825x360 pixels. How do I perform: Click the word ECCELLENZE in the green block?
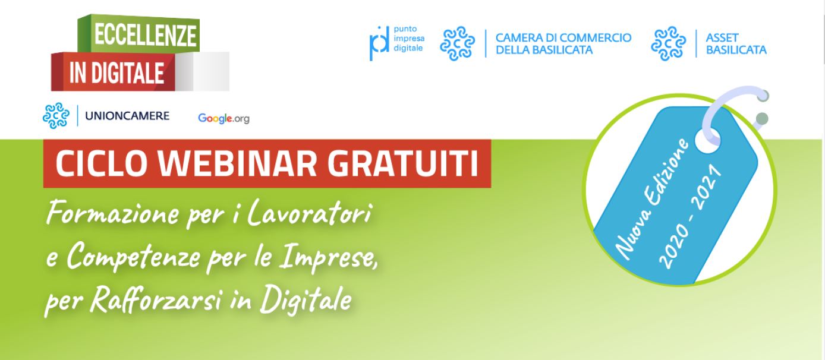pos(146,36)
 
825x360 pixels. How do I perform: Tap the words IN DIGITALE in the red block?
pos(116,72)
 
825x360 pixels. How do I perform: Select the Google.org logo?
pos(223,118)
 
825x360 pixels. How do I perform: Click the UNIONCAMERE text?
pos(127,116)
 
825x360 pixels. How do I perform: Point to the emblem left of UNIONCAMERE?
pos(56,116)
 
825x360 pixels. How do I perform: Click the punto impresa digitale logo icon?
pos(379,43)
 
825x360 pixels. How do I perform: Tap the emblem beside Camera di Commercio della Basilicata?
pos(458,43)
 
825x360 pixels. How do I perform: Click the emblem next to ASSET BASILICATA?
pos(668,43)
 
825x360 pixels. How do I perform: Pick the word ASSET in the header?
pos(722,37)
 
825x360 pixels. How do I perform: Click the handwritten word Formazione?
pos(113,213)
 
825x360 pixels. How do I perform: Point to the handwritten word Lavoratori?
pos(308,213)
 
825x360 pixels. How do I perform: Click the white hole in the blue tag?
pos(707,140)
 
